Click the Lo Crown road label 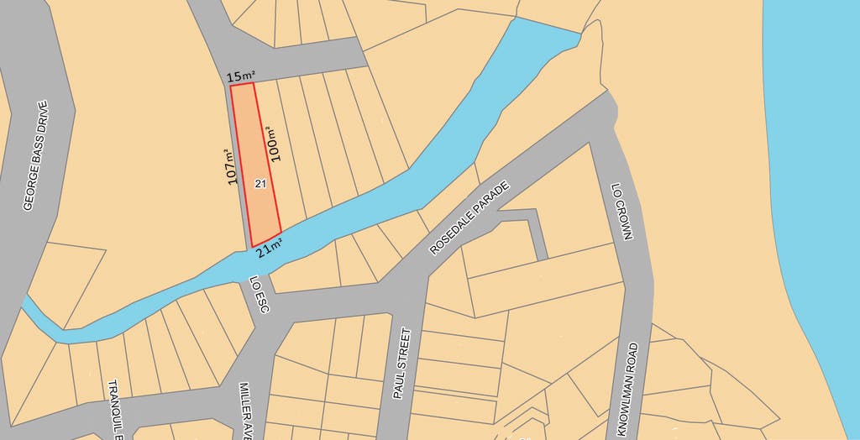pyautogui.click(x=621, y=212)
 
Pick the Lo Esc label pyautogui.click(x=259, y=296)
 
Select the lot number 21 pyautogui.click(x=260, y=183)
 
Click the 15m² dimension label pyautogui.click(x=241, y=77)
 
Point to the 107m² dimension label pyautogui.click(x=233, y=168)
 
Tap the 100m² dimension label pyautogui.click(x=274, y=144)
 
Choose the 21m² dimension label pyautogui.click(x=269, y=248)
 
